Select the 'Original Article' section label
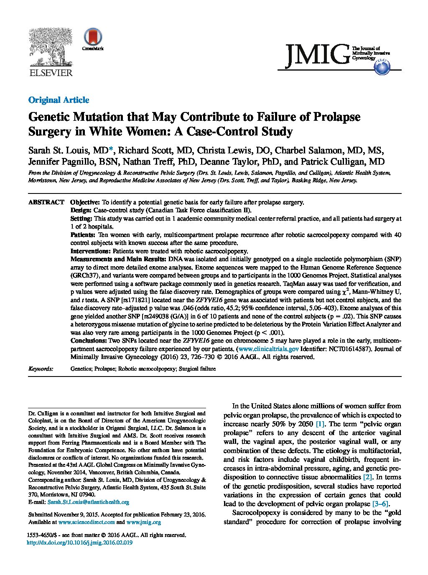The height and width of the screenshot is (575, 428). [x=59, y=100]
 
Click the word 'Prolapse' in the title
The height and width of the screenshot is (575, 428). [x=339, y=117]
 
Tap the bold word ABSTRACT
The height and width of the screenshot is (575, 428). [x=46, y=202]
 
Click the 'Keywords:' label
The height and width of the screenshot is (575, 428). [x=41, y=369]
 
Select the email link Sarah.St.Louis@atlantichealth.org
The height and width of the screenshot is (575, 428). [x=88, y=502]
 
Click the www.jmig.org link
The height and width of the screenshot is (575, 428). [x=143, y=522]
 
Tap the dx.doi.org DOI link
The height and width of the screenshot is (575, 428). [x=79, y=542]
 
